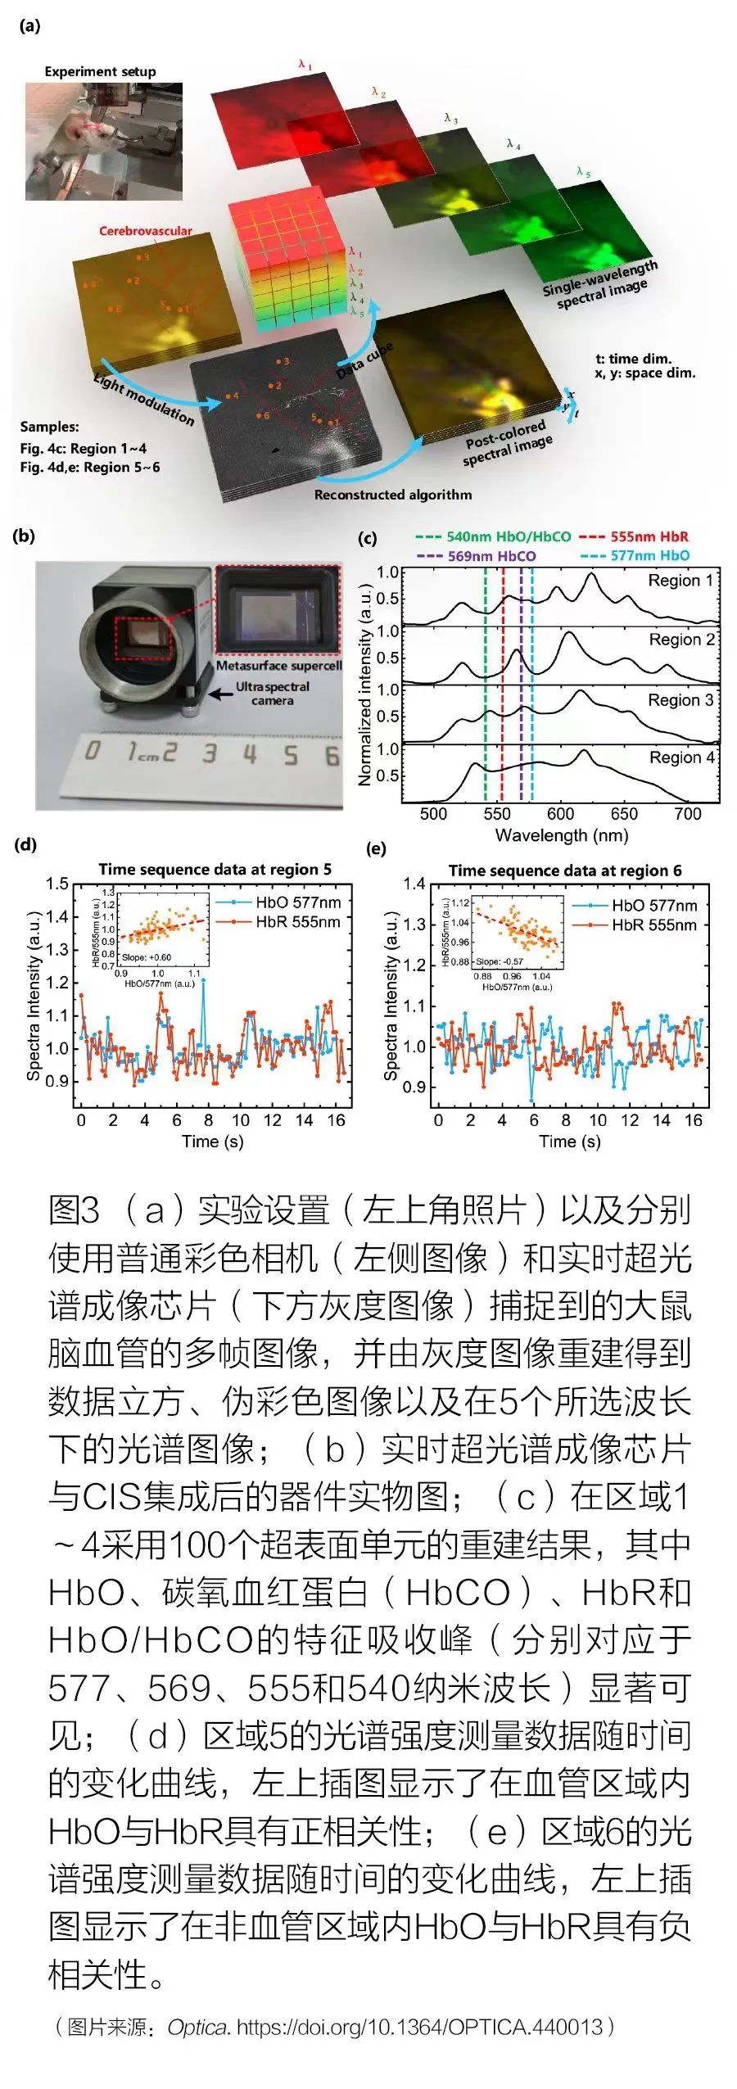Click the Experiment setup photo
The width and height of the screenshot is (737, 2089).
point(103,141)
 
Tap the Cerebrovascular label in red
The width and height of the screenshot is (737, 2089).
point(145,231)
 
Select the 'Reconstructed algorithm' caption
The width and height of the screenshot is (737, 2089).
point(392,495)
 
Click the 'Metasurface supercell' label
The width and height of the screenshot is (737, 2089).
point(278,666)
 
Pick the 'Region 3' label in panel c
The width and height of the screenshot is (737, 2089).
point(680,699)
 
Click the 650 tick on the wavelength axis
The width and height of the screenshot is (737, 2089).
point(623,814)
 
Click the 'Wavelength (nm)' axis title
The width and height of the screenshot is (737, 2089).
point(561,836)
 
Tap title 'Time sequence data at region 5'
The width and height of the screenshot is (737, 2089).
point(215,870)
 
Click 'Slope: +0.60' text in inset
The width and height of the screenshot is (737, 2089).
point(147,957)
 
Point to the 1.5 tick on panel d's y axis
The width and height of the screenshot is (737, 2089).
point(57,884)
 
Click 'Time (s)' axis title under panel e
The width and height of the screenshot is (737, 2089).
point(569,1142)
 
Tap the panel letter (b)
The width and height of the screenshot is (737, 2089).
point(24,536)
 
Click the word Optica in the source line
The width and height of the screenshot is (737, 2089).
point(197,2028)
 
